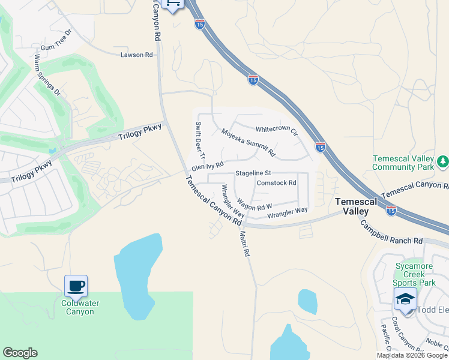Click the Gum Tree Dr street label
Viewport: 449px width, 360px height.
56,40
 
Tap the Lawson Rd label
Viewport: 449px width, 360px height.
136,55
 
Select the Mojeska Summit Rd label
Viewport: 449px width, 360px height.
248,143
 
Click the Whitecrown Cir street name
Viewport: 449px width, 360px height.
277,130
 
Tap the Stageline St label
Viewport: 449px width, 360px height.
253,173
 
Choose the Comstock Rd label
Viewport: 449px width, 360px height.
276,183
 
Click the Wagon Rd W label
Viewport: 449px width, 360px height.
254,206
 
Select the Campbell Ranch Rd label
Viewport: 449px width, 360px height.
391,233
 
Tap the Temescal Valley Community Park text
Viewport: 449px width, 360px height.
403,163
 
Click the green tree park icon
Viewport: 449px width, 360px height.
442,160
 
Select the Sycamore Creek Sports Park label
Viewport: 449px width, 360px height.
415,274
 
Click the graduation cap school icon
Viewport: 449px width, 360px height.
405,299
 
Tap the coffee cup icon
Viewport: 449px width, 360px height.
76,286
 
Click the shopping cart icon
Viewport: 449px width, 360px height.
173,4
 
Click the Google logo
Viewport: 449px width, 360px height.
20,353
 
